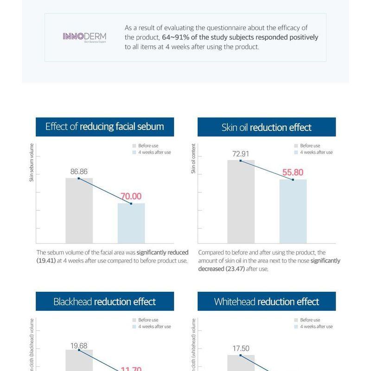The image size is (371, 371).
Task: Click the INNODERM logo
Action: [x=84, y=37]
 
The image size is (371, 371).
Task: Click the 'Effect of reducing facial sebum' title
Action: [x=105, y=127]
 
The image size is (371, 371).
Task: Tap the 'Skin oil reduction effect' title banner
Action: [x=266, y=127]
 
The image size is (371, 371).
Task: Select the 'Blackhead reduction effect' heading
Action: [x=105, y=301]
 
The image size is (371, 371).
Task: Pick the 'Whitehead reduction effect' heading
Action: [x=266, y=301]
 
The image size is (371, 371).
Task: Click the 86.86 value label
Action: [x=79, y=172]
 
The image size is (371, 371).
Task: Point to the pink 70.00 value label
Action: [x=131, y=197]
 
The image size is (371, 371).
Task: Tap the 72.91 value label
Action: [x=241, y=154]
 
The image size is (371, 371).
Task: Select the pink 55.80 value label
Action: [x=293, y=173]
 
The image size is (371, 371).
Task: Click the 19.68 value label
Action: [x=79, y=345]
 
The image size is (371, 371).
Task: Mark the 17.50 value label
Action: [x=241, y=349]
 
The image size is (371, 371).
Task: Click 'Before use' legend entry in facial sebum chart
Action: [x=148, y=146]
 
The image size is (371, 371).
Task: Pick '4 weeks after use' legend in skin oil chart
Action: [x=316, y=152]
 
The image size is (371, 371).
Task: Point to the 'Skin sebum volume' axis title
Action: [x=32, y=162]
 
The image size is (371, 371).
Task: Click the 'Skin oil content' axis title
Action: [x=193, y=159]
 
